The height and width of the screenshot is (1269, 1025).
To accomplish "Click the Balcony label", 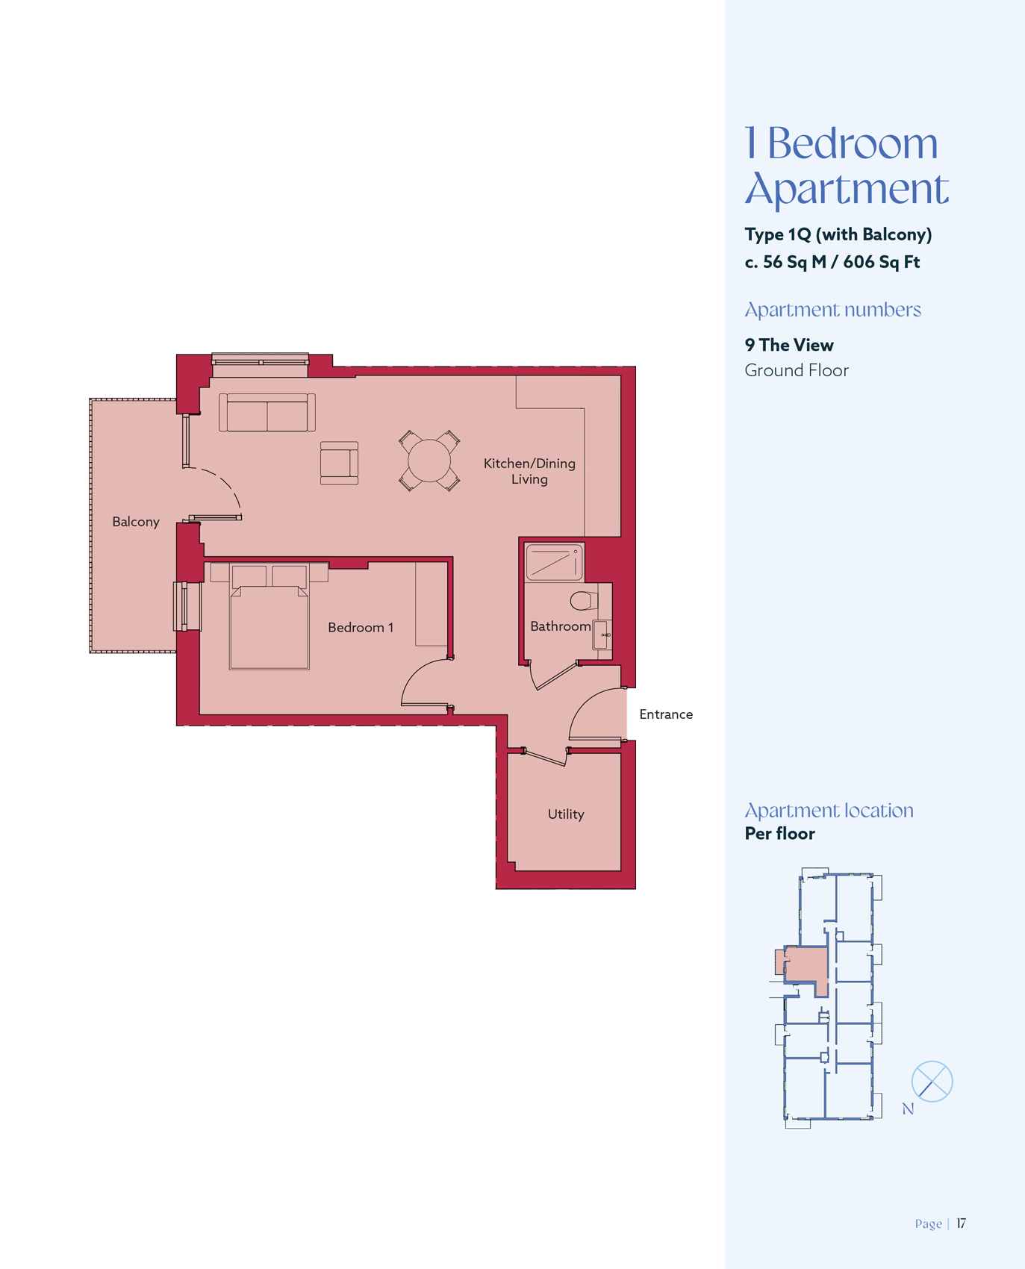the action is tap(136, 522).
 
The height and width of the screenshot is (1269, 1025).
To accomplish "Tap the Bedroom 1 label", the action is tap(361, 627).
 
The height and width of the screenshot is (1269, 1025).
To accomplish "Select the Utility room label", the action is tap(566, 814).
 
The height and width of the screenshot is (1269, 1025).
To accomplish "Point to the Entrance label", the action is tap(666, 714).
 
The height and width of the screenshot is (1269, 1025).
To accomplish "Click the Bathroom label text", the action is tap(561, 626).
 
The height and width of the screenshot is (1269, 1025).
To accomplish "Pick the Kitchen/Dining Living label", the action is tap(529, 471).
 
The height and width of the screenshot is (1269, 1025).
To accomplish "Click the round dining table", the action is tap(429, 461).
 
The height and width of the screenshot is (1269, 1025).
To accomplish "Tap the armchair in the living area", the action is tap(339, 463).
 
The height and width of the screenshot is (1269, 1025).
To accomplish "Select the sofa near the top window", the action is tap(267, 413).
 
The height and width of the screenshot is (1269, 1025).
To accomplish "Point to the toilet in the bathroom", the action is tap(585, 600).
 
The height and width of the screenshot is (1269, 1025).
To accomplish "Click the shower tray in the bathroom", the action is tap(554, 563).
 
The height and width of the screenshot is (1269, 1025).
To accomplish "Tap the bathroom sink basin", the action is tap(602, 634).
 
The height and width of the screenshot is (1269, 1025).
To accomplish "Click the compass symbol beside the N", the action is tap(932, 1081).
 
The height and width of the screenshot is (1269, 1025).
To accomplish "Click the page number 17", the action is tap(962, 1223).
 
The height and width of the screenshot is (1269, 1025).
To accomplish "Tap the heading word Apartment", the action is tap(847, 189).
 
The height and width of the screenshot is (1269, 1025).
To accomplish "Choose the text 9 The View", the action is tap(789, 345).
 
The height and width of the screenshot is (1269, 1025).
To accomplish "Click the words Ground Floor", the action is tap(797, 370).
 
